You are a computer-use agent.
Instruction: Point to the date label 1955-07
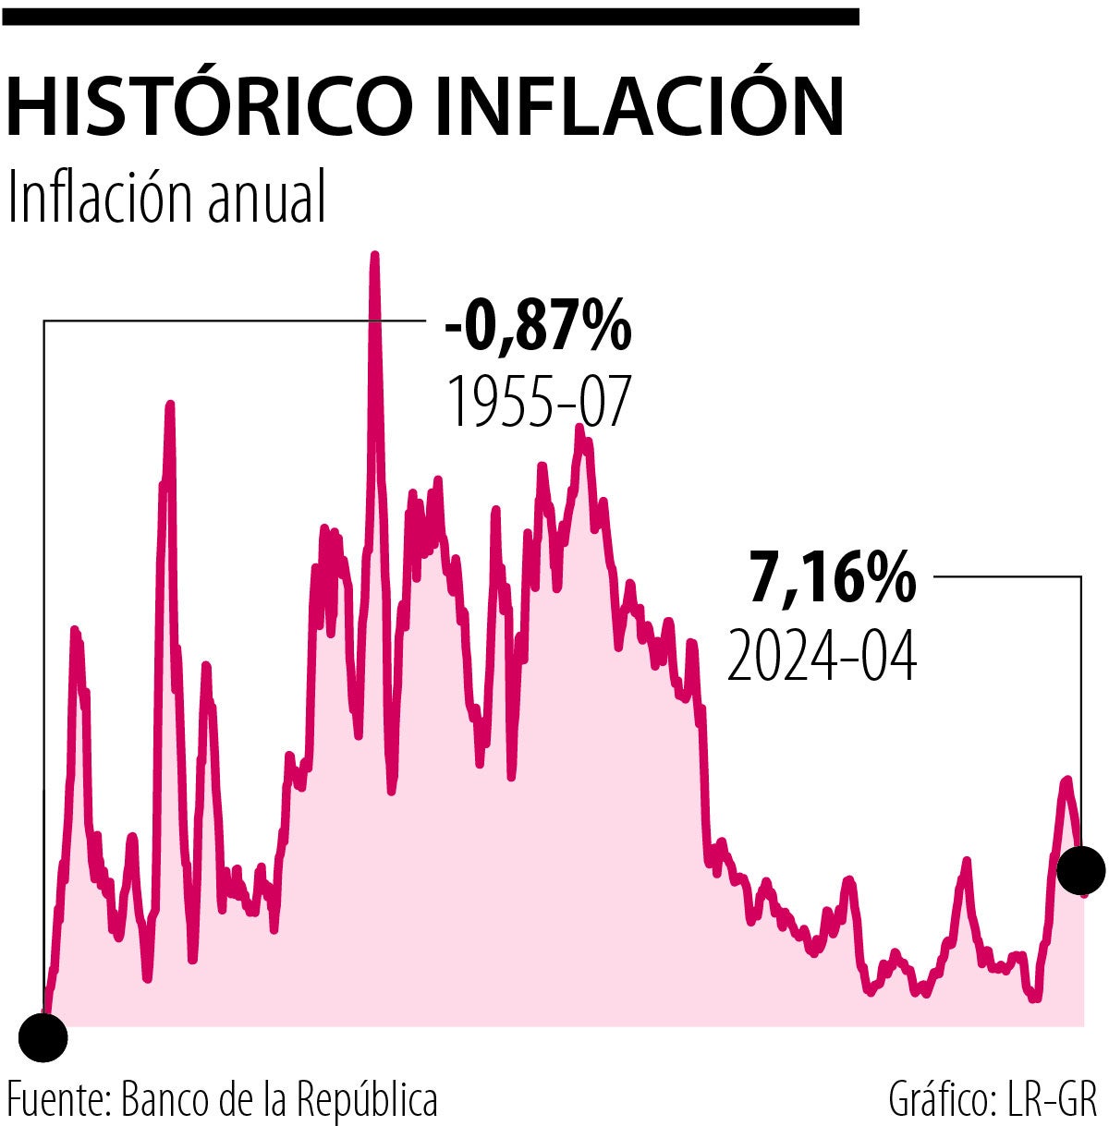[538, 402]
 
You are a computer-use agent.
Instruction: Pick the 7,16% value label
[832, 579]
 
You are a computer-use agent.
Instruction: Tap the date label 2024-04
[822, 656]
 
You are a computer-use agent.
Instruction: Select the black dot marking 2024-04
[1080, 869]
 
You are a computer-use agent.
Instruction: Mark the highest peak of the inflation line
[374, 257]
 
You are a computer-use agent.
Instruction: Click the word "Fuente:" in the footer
[59, 1100]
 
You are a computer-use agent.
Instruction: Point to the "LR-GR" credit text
[1050, 1100]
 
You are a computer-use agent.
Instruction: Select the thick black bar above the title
[430, 16]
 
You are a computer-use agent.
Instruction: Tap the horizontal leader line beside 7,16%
[1007, 577]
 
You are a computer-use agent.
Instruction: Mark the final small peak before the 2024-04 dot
[1067, 781]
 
